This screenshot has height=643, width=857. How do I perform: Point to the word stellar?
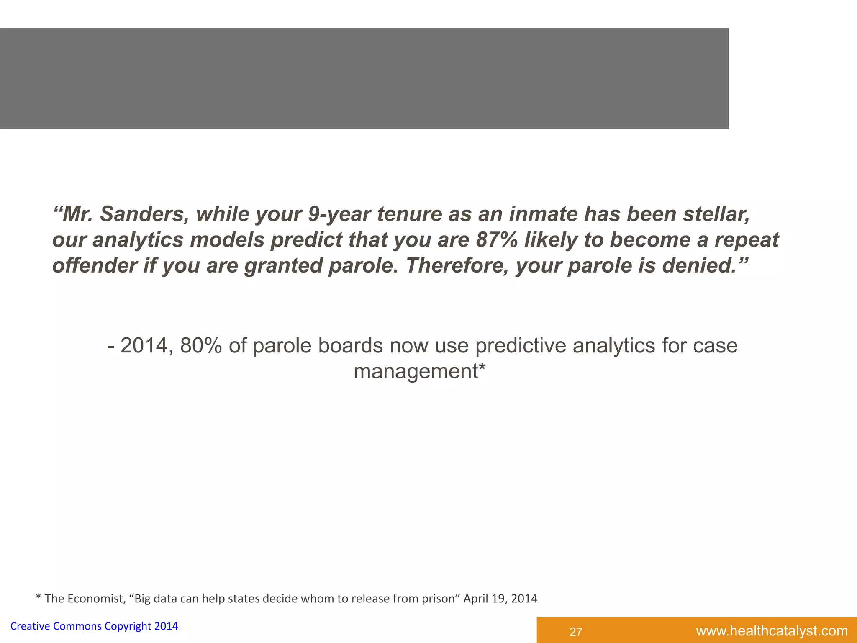pyautogui.click(x=716, y=214)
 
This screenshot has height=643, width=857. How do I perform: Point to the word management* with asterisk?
pyautogui.click(x=419, y=371)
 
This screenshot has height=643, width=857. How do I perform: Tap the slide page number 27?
pyautogui.click(x=576, y=632)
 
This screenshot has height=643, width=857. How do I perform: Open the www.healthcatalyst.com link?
pyautogui.click(x=772, y=631)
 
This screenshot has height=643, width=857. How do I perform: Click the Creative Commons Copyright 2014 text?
pyautogui.click(x=94, y=626)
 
